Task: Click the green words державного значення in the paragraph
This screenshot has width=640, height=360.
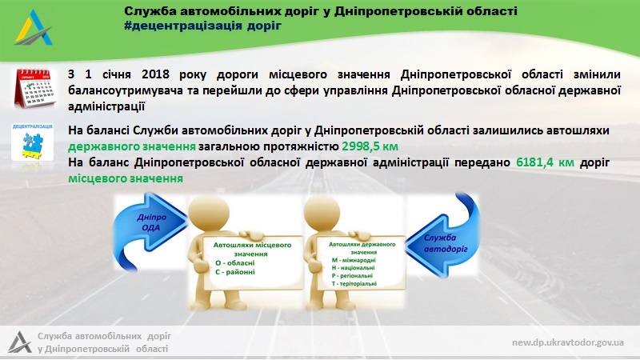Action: [x=132, y=146]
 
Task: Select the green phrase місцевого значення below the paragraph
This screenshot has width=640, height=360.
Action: [x=126, y=178]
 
